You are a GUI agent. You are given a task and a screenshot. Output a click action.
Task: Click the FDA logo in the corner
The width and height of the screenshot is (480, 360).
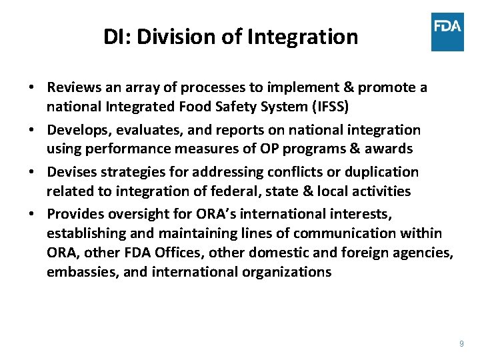(x=447, y=31)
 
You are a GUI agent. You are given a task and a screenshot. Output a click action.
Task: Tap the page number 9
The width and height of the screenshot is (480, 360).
(x=461, y=344)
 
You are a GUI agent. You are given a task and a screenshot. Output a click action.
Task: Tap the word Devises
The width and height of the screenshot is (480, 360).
(x=73, y=172)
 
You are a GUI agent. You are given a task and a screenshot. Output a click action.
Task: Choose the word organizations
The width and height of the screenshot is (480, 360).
(x=285, y=272)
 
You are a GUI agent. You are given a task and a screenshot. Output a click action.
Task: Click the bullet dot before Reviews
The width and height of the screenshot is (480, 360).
(x=31, y=88)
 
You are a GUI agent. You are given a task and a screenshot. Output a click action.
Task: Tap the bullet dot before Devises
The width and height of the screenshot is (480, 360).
(x=31, y=173)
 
